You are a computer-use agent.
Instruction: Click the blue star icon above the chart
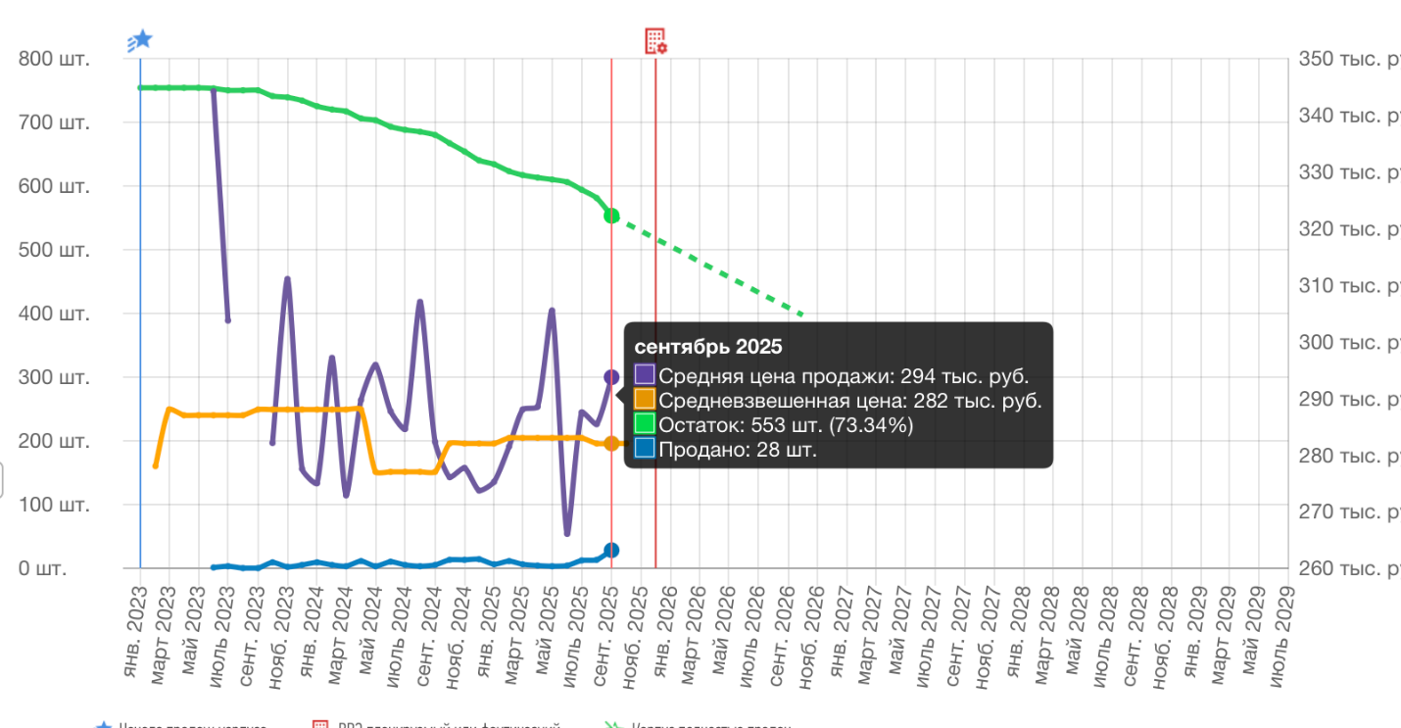coord(142,39)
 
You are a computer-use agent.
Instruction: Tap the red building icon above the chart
coord(655,40)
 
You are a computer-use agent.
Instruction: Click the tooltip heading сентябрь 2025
coord(708,348)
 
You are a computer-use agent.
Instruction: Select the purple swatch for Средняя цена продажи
coord(645,374)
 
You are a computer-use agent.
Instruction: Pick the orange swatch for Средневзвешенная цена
coord(645,400)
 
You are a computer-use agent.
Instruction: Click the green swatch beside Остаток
coord(645,424)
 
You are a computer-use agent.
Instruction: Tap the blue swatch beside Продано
coord(645,450)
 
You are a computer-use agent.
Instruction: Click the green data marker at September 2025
coord(611,216)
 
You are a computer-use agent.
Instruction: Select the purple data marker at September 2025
coord(611,377)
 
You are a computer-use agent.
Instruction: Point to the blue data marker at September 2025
coord(611,551)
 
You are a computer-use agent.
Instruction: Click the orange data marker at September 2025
coord(611,444)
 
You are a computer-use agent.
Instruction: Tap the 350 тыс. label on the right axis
coord(1348,59)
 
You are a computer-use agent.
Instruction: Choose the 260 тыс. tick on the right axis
coord(1348,568)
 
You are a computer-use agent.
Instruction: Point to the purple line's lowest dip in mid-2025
coord(567,534)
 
